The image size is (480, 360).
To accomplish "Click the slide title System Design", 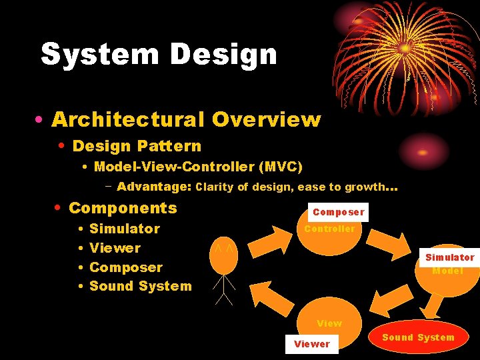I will tap(159, 54).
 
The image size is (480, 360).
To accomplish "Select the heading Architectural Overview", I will tap(186, 119).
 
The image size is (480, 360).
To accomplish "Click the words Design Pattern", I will tap(137, 146).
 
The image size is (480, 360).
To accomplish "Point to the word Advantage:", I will tap(154, 187).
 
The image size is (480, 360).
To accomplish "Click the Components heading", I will tap(123, 208).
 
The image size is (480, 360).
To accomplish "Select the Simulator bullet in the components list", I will tap(125, 229).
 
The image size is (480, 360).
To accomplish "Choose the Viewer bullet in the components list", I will tap(115, 248).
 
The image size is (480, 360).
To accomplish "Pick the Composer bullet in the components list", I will tap(126, 267).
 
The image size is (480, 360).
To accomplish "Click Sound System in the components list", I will tap(140, 287).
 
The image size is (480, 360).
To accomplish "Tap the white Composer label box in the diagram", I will tap(339, 212).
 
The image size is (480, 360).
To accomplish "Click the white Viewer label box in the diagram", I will tap(311, 344).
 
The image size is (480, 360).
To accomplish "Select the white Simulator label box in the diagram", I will tap(450, 257).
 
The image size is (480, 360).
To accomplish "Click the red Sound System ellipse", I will tap(418, 337).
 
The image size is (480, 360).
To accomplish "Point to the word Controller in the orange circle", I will tap(329, 229).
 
